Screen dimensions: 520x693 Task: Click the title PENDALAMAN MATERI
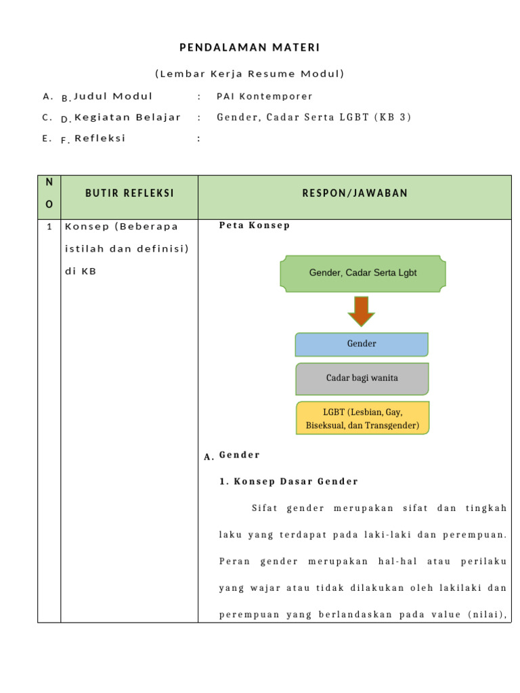pyautogui.click(x=249, y=47)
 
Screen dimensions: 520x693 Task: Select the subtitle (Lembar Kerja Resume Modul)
pyautogui.click(x=249, y=74)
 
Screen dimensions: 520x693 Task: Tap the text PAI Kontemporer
pyautogui.click(x=265, y=97)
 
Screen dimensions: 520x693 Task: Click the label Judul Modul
pyautogui.click(x=113, y=96)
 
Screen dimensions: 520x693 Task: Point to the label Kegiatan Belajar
pyautogui.click(x=127, y=117)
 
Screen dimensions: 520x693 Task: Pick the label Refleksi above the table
pyautogui.click(x=100, y=138)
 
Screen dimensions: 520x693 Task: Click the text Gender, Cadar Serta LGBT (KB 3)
pyautogui.click(x=313, y=117)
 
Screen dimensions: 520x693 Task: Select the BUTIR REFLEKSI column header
pyautogui.click(x=129, y=194)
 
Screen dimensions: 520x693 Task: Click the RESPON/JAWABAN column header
pyautogui.click(x=355, y=194)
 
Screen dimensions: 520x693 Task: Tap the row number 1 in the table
pyautogui.click(x=49, y=227)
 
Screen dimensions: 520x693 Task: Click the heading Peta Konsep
pyautogui.click(x=254, y=225)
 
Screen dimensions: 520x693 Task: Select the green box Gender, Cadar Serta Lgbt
pyautogui.click(x=363, y=273)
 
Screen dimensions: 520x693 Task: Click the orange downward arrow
pyautogui.click(x=361, y=311)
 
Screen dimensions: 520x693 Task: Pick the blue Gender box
pyautogui.click(x=362, y=344)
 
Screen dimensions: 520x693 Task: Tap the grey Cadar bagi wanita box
pyautogui.click(x=362, y=378)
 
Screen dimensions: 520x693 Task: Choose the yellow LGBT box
pyautogui.click(x=362, y=418)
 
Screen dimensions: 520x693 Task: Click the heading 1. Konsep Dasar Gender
pyautogui.click(x=288, y=481)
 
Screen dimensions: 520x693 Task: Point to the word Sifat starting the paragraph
pyautogui.click(x=265, y=508)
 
